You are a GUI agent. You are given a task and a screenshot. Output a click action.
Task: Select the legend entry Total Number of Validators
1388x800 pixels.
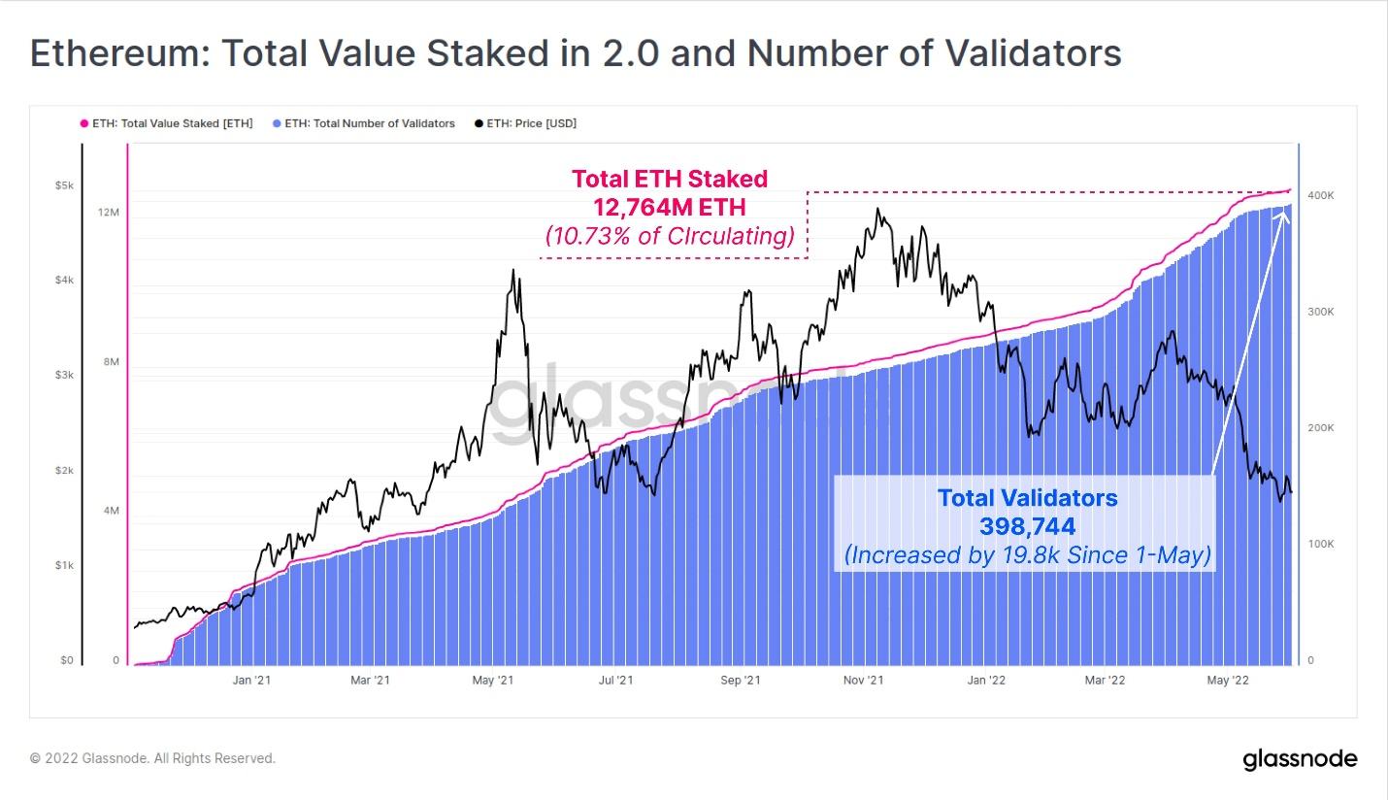(x=369, y=123)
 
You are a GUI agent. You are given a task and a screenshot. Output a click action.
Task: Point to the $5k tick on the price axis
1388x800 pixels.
(x=63, y=185)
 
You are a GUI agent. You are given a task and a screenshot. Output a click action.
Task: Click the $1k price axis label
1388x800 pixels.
(x=63, y=565)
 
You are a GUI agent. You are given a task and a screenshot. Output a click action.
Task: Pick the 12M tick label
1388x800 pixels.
(x=109, y=213)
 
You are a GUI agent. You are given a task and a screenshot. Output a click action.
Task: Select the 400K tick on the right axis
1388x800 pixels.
(x=1321, y=196)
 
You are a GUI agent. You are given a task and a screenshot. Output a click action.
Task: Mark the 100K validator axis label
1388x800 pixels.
(x=1321, y=545)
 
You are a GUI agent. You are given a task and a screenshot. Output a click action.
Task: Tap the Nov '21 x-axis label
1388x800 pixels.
(x=863, y=681)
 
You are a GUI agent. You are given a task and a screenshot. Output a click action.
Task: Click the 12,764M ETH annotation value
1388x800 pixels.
(x=669, y=206)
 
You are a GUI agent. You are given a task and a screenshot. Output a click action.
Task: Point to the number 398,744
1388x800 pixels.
(x=1027, y=526)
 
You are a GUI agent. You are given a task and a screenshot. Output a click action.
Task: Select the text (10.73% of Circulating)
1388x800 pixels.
(x=669, y=236)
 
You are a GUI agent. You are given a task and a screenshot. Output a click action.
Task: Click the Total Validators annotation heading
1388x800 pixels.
(x=1027, y=498)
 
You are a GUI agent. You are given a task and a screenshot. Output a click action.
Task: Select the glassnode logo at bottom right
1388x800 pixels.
(x=1300, y=759)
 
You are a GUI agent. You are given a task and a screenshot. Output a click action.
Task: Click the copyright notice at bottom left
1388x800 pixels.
(x=152, y=758)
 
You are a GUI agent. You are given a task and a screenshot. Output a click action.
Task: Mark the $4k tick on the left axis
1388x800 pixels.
(x=63, y=281)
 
